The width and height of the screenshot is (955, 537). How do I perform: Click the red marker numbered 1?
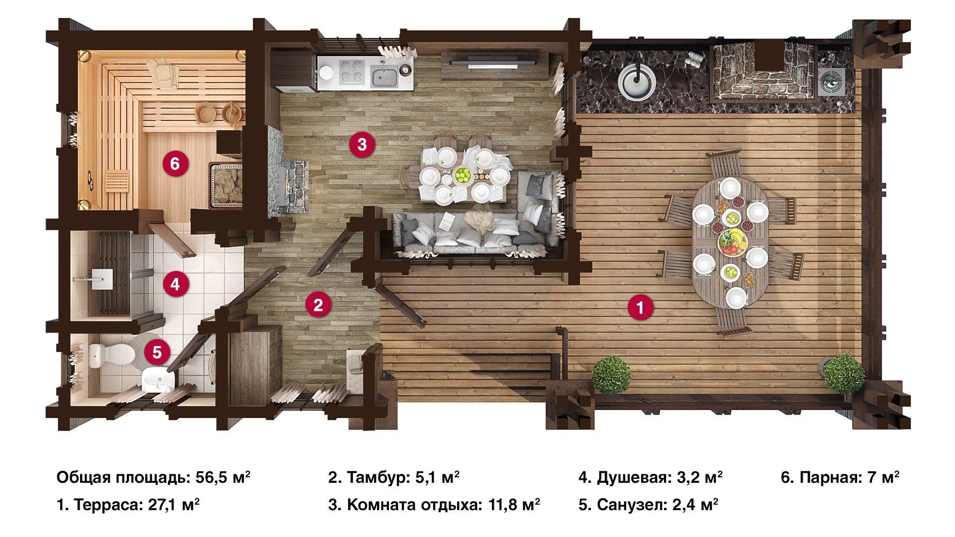click(x=640, y=308)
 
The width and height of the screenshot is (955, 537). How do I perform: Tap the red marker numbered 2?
click(x=318, y=304)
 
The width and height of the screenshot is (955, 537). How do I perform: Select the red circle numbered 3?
click(x=362, y=145)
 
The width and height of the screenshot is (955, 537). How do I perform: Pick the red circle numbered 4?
click(x=175, y=284)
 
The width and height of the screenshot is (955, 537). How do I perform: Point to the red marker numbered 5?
click(x=157, y=353)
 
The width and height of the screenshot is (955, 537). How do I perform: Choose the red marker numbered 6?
click(x=175, y=163)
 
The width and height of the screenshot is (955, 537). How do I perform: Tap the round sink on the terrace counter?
click(x=637, y=80)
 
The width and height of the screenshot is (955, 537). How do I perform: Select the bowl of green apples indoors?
click(x=463, y=176)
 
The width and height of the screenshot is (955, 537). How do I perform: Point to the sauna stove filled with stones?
click(x=226, y=183)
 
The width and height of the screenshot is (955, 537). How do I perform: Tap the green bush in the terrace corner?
click(x=844, y=374)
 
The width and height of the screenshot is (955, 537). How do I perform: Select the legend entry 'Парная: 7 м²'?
click(x=840, y=478)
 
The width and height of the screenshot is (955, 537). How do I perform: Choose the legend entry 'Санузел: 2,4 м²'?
click(x=648, y=505)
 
